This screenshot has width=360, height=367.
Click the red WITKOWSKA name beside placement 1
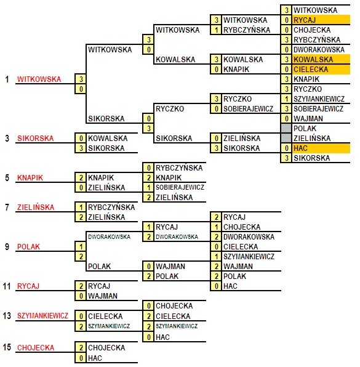click(39, 79)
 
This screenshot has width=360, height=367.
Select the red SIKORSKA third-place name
click(35, 139)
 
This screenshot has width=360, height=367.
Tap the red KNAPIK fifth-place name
click(30, 178)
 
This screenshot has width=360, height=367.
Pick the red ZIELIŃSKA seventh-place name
click(36, 208)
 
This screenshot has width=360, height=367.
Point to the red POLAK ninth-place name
click(28, 247)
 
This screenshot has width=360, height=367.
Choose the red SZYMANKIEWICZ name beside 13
click(42, 316)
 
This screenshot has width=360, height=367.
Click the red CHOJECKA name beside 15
click(36, 347)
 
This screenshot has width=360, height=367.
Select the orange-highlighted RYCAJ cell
click(321, 20)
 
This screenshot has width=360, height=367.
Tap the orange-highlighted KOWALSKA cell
click(321, 59)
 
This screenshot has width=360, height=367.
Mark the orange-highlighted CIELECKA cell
click(321, 70)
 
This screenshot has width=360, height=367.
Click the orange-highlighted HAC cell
click(321, 148)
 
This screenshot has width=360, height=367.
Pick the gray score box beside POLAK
click(286, 128)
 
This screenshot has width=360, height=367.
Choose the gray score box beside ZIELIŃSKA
click(286, 138)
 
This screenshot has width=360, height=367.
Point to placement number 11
click(7, 286)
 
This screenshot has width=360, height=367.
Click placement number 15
click(7, 347)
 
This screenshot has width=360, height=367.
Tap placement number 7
click(7, 208)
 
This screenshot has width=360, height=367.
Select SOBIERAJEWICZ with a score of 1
click(180, 187)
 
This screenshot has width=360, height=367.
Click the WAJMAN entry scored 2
click(238, 267)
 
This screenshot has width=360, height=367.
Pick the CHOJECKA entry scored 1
click(242, 227)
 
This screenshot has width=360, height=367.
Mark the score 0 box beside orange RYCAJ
click(286, 20)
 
